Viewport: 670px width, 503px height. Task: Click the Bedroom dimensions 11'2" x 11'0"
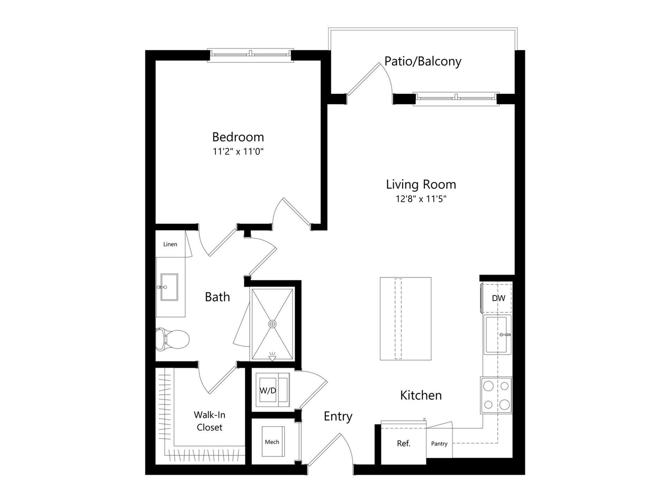[x=238, y=152]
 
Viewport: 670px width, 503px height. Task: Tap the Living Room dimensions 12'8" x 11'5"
[x=421, y=199]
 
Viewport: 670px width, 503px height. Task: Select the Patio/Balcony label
[x=423, y=61]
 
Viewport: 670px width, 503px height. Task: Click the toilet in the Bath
[x=173, y=339]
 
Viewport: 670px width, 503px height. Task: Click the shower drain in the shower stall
[x=272, y=324]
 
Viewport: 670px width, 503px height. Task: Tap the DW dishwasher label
[x=498, y=298]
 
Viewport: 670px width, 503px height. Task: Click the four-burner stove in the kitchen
[x=496, y=395]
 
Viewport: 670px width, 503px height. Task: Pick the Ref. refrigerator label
[x=403, y=444]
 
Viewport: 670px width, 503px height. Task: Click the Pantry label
[x=439, y=444]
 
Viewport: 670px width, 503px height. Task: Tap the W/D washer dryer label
[x=268, y=391]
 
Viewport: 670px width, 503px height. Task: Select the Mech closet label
[x=272, y=442]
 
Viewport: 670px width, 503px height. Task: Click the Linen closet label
[x=170, y=244]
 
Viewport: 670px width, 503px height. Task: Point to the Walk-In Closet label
[x=209, y=421]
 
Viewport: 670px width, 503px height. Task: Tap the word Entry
[x=338, y=416]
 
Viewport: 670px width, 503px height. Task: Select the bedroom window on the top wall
[x=250, y=54]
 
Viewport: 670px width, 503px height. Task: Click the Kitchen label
[x=421, y=395]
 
